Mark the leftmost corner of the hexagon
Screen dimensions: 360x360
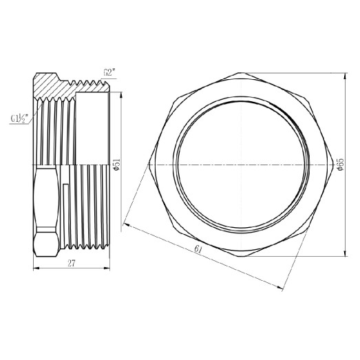[149, 166]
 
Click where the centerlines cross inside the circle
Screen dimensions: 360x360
[241, 166]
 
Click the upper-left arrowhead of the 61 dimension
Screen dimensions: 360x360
[125, 223]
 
